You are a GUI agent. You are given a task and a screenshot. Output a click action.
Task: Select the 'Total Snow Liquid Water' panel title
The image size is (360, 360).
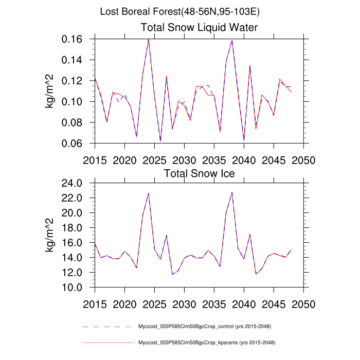199,27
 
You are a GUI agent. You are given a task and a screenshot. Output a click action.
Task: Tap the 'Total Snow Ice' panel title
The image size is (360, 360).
199,173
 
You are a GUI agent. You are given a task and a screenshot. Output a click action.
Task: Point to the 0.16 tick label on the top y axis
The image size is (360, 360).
73,40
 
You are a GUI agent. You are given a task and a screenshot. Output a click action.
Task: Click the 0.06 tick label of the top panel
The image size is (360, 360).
73,144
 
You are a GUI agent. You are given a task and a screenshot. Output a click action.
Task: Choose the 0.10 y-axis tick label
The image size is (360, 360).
73,102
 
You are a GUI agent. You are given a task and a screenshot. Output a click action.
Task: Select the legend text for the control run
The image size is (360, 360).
205,327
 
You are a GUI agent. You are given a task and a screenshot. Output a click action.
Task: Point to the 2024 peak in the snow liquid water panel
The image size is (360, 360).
149,39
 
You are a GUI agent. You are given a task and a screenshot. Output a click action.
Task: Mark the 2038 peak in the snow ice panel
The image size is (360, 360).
232,192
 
